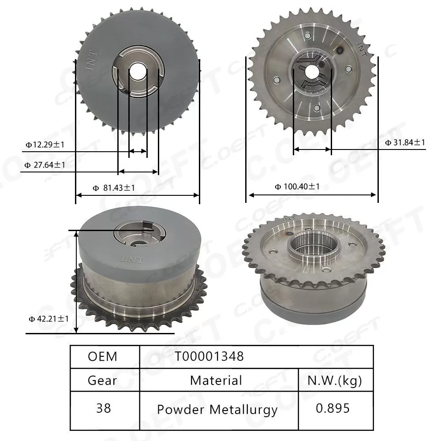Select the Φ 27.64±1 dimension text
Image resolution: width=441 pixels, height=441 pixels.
click(x=45, y=165)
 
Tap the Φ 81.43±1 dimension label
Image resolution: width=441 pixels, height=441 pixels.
click(x=114, y=188)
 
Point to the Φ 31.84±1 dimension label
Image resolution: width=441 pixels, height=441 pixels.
click(x=405, y=142)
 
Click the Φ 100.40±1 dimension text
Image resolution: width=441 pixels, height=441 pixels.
click(x=297, y=187)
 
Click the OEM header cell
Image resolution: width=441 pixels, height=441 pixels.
click(x=103, y=356)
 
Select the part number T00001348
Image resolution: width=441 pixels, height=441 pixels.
click(x=209, y=356)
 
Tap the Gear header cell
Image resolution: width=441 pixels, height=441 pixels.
click(x=103, y=380)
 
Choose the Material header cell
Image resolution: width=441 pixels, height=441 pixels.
click(x=216, y=380)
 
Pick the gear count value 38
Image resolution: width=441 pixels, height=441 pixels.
click(x=103, y=408)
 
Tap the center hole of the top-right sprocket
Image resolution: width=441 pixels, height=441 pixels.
click(x=313, y=71)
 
